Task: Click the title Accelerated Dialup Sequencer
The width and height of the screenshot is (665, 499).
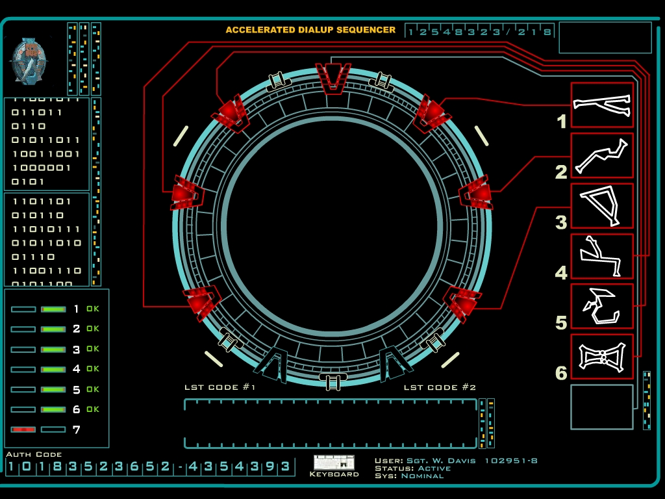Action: point(310,30)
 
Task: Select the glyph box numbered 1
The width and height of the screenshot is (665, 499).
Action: point(602,105)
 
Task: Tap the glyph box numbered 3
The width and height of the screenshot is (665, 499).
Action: point(602,205)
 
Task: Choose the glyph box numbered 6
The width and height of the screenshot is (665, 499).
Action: point(602,356)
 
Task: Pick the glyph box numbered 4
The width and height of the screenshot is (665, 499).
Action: point(602,256)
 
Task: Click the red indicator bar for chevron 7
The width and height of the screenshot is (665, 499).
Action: point(23,429)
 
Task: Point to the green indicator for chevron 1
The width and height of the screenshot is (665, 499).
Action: point(53,309)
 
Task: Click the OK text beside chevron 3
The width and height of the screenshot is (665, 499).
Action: point(93,349)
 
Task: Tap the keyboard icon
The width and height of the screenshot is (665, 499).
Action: point(334,463)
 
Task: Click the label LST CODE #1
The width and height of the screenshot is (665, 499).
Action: point(220,388)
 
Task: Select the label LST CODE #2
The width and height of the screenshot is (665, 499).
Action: point(440,388)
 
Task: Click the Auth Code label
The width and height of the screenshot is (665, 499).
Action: point(34,454)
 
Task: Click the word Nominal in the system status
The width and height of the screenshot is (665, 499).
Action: point(422,476)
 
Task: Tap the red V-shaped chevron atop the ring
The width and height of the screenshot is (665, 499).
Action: point(333,75)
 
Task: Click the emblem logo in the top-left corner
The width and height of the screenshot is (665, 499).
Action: point(29,60)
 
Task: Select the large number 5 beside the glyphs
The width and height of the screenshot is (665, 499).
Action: point(561,323)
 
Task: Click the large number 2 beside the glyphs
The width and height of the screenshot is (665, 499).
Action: point(561,172)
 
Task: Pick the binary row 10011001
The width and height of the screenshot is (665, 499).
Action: point(46,154)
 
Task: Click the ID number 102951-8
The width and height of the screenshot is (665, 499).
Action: point(511,461)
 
